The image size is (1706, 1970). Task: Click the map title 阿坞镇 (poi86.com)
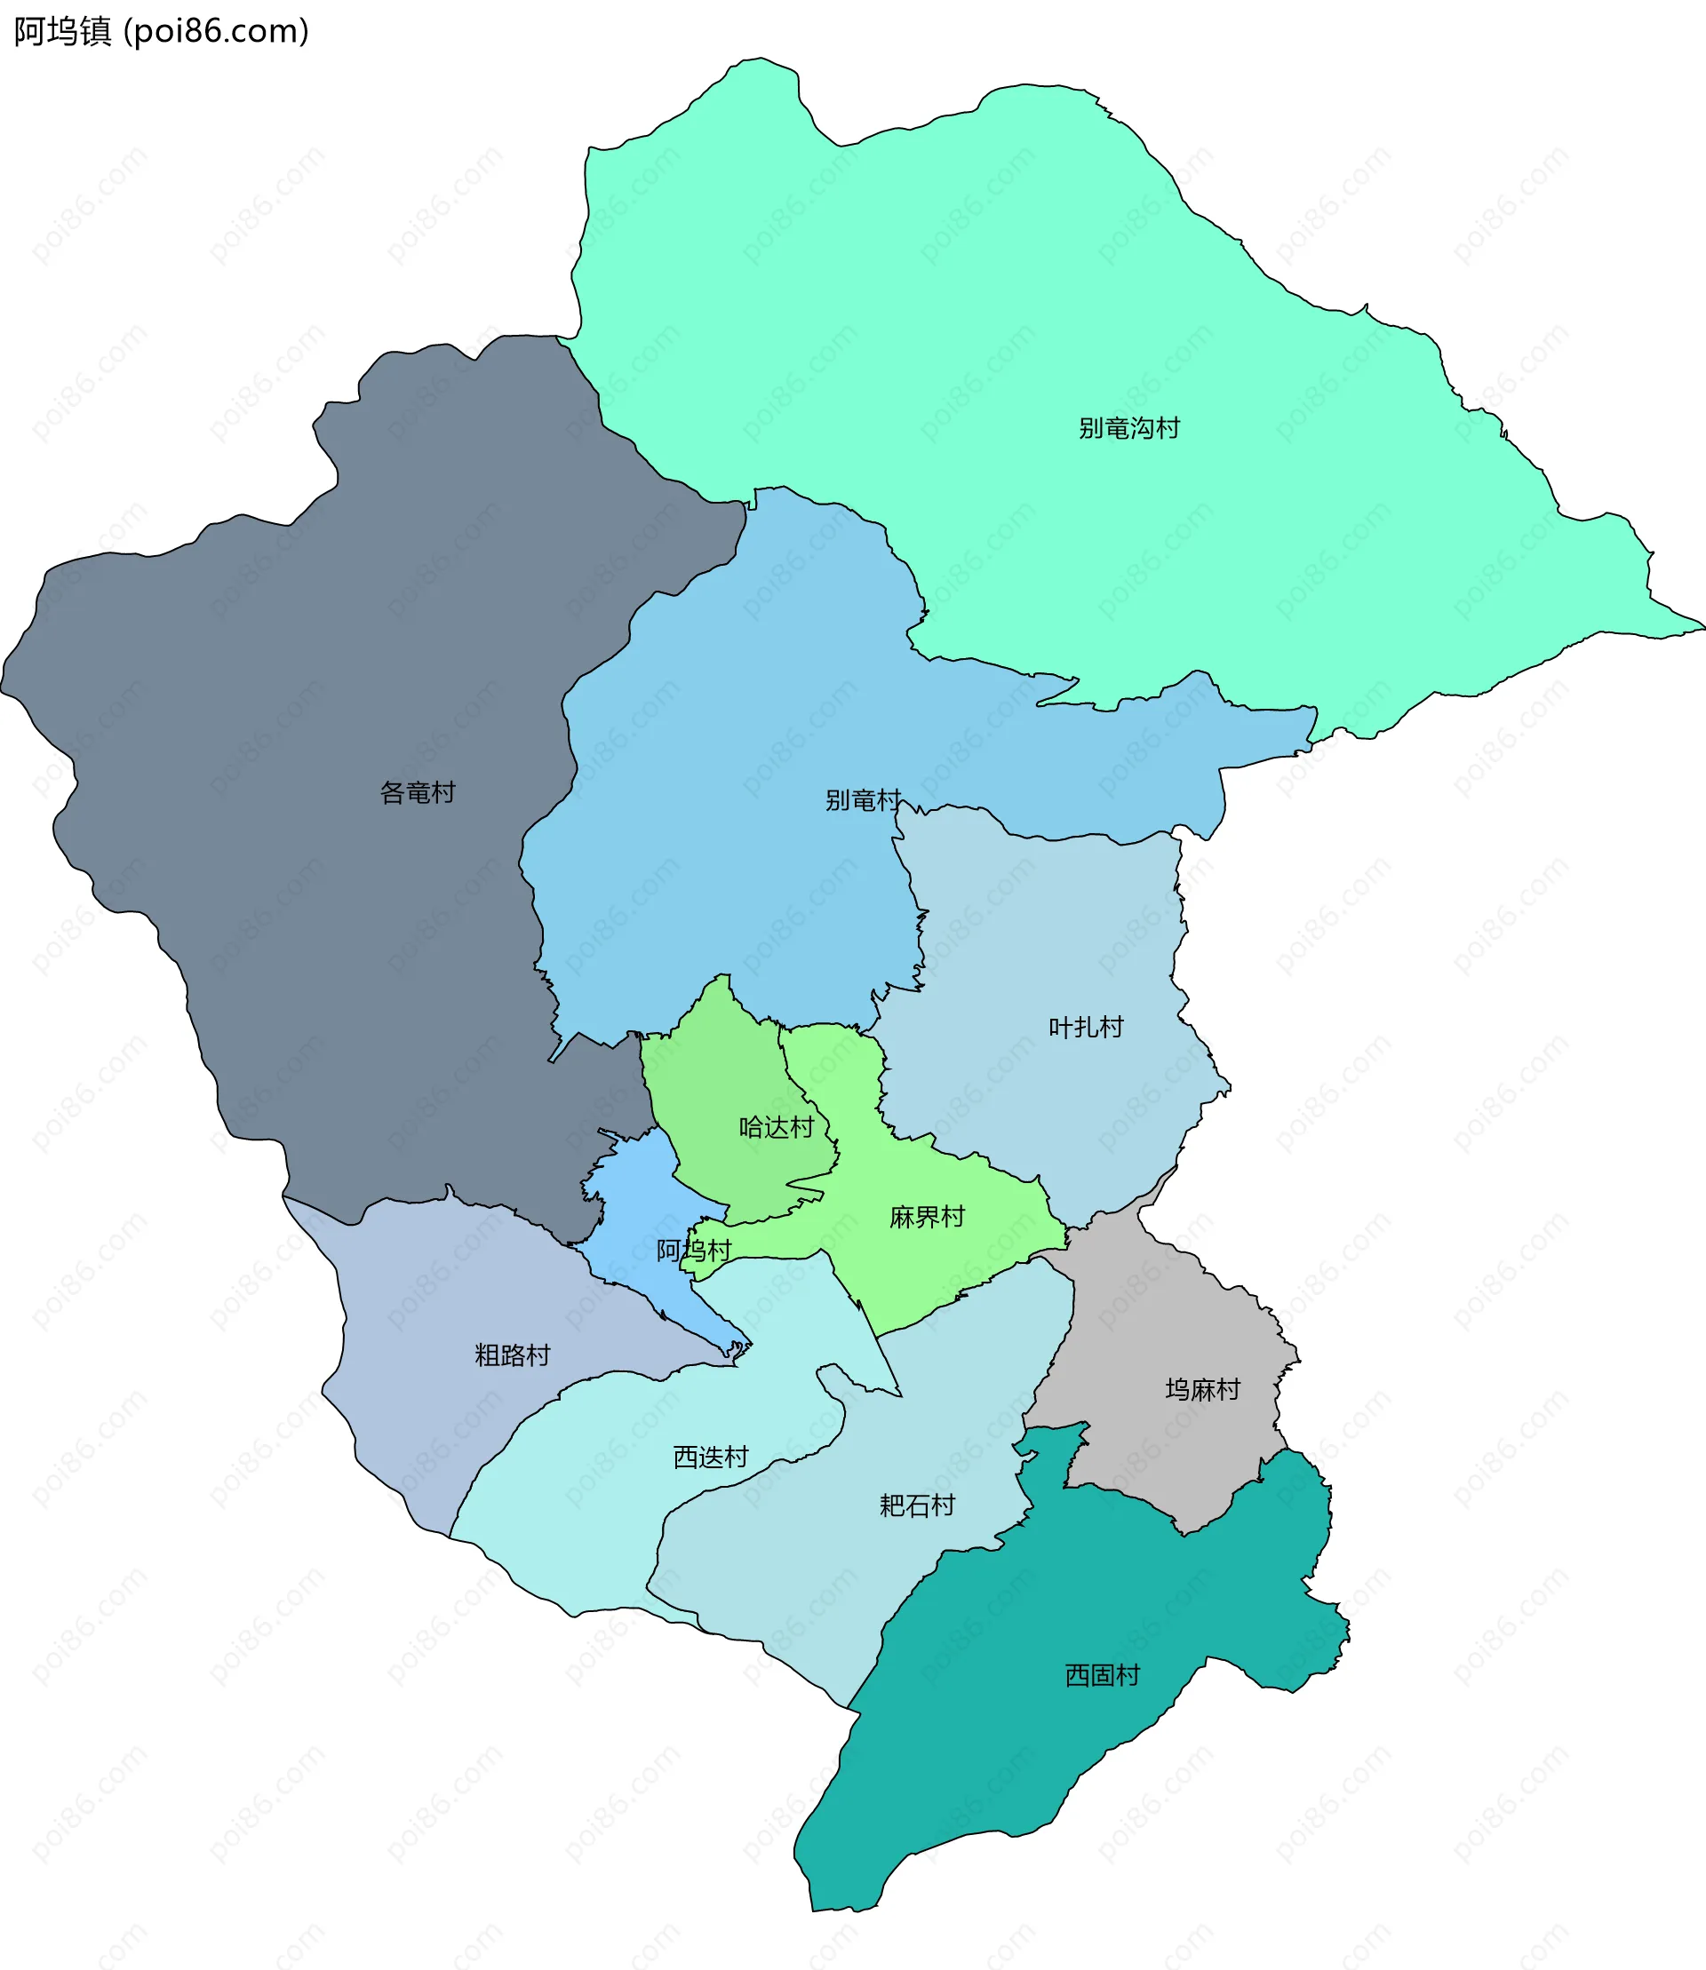coord(161,31)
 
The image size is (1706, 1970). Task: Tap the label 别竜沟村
coord(1129,428)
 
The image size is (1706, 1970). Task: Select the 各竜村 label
coord(417,793)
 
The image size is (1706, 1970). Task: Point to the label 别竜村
coord(863,800)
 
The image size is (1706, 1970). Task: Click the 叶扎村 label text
coord(1086,1027)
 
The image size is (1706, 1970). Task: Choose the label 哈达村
coord(777,1128)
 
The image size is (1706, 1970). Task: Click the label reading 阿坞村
coord(694,1251)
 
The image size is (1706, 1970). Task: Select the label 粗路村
coord(512,1355)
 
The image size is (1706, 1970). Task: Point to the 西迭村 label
coord(710,1457)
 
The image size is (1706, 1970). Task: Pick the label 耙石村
coord(917,1505)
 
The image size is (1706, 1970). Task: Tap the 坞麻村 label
coord(1202,1389)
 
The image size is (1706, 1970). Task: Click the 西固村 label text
coord(1103,1675)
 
